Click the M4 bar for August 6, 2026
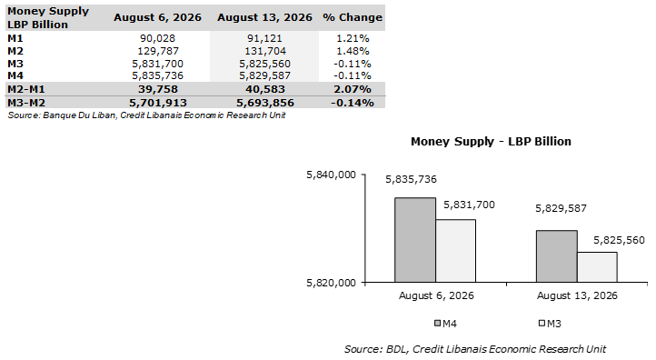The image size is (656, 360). (x=415, y=240)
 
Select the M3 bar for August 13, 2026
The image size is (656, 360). (x=597, y=267)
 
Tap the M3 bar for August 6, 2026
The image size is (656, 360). (x=455, y=251)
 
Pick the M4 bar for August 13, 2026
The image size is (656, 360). (x=557, y=256)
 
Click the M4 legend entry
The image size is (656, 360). (x=445, y=324)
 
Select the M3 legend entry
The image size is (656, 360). (x=550, y=324)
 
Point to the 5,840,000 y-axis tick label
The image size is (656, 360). (x=332, y=175)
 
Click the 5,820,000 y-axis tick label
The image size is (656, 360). (x=332, y=283)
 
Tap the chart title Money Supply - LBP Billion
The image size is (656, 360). (x=491, y=142)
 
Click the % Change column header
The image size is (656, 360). (x=353, y=17)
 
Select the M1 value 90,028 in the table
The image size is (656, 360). (x=158, y=38)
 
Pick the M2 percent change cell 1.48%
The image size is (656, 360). (x=353, y=51)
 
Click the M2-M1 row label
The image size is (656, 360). (x=26, y=89)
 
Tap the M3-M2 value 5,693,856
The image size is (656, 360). (x=265, y=103)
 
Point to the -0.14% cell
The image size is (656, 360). (x=353, y=103)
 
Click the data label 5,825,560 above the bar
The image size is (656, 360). (x=619, y=240)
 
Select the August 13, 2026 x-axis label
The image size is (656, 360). (x=577, y=296)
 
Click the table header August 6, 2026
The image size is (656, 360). (x=158, y=17)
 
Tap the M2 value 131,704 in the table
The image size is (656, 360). (x=265, y=51)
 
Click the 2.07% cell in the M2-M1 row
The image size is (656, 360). (x=353, y=89)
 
